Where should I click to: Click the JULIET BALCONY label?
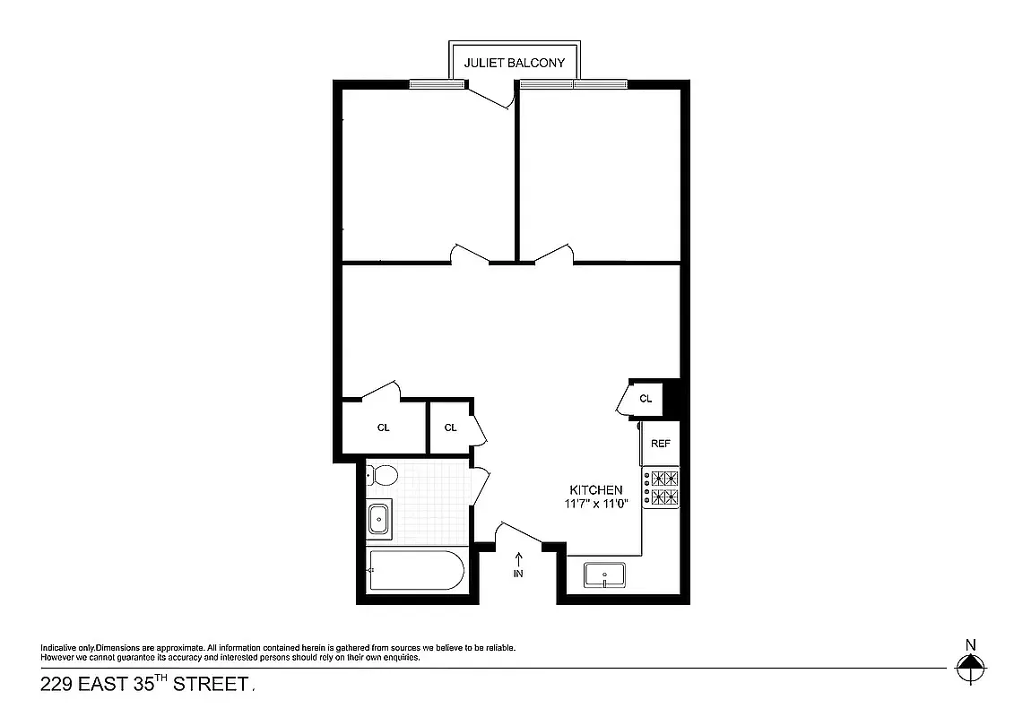coord(514,63)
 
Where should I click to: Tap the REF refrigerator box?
coord(661,444)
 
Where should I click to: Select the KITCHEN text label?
coord(596,489)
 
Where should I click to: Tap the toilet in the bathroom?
coord(383,474)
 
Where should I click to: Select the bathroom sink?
coord(379,518)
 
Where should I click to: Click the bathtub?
coord(415,570)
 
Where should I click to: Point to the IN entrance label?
coord(518,574)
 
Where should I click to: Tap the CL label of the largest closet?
coord(384,428)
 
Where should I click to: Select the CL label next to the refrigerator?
coord(646,398)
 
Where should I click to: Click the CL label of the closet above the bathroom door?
coord(450,428)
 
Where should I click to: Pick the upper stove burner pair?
coord(664,478)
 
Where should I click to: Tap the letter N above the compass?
coord(970,644)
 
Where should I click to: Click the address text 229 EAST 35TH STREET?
coord(143,685)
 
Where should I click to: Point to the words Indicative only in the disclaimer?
coord(67,648)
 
